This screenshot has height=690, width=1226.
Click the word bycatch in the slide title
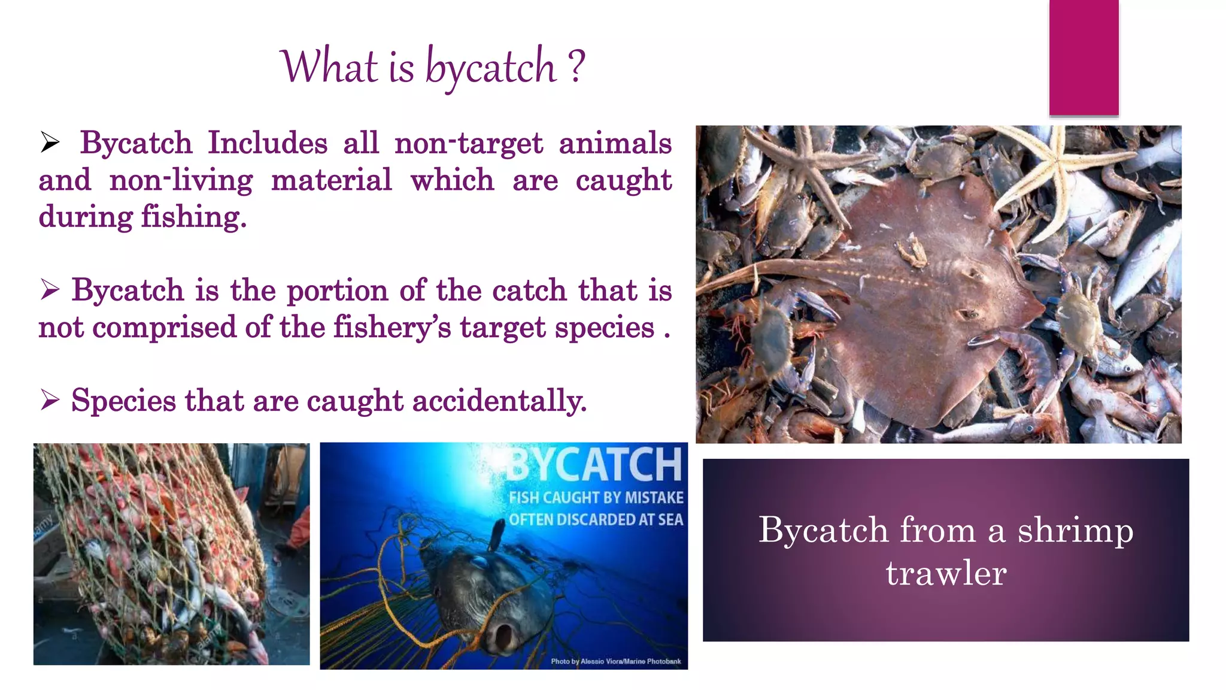pos(490,68)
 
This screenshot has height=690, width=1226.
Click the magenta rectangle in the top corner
pos(1084,57)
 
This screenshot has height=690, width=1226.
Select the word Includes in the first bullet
pos(268,144)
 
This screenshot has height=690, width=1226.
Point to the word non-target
pos(468,144)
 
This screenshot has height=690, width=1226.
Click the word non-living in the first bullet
pos(181,181)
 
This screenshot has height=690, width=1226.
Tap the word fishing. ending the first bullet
pos(193,217)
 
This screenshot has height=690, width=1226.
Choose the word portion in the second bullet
pos(338,291)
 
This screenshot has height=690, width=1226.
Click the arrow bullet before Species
pos(50,400)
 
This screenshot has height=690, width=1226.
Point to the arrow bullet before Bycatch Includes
pos(50,143)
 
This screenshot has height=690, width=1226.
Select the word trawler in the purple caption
pos(946,574)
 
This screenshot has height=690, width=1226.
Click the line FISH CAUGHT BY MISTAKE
pos(596,498)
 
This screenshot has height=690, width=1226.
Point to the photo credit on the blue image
pos(615,661)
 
